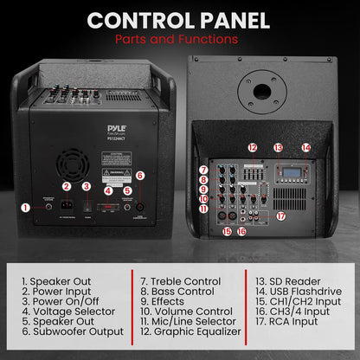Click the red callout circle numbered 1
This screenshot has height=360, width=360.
(25, 207)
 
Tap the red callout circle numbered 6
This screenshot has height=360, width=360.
(140, 175)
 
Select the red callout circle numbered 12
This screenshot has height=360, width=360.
(253, 148)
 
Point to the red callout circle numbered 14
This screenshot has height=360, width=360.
(306, 148)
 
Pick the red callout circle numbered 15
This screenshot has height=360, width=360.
(227, 231)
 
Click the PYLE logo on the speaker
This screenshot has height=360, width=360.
(117, 127)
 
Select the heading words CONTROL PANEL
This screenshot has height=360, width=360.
(179, 20)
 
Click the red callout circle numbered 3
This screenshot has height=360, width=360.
(87, 186)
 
